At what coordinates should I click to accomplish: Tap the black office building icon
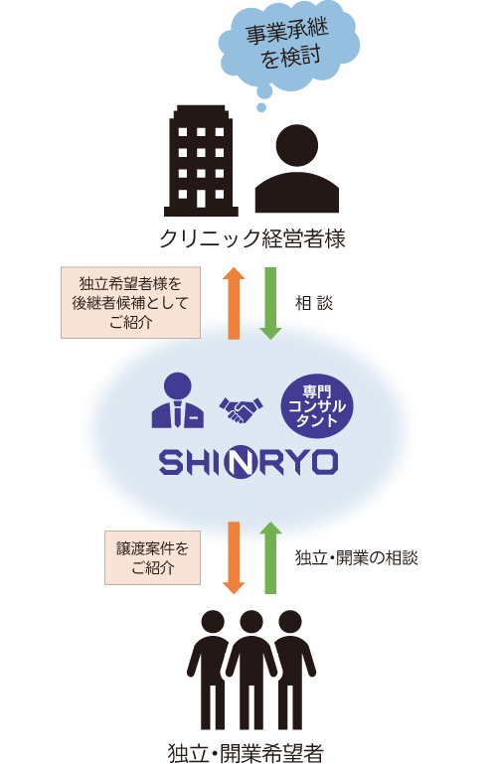pyautogui.click(x=201, y=161)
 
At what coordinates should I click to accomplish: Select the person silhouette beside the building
pyautogui.click(x=297, y=169)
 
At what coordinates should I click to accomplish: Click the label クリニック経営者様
pyautogui.click(x=251, y=238)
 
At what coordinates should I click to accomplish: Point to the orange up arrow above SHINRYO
pyautogui.click(x=234, y=303)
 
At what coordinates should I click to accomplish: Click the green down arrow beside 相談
pyautogui.click(x=270, y=303)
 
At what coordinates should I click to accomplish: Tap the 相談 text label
pyautogui.click(x=314, y=303)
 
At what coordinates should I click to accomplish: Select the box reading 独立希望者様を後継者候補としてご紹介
pyautogui.click(x=130, y=303)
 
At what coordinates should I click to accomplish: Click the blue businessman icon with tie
pyautogui.click(x=178, y=400)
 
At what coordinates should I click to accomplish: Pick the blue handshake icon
pyautogui.click(x=241, y=409)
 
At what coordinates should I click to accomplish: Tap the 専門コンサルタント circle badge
pyautogui.click(x=317, y=406)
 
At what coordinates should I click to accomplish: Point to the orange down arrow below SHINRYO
pyautogui.click(x=234, y=558)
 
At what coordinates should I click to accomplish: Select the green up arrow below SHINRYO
pyautogui.click(x=270, y=558)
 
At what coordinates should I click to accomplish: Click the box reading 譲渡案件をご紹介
pyautogui.click(x=152, y=558)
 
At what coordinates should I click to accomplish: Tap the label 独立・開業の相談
pyautogui.click(x=357, y=558)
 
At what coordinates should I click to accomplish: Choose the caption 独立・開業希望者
pyautogui.click(x=247, y=753)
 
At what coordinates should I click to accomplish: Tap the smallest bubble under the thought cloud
pyautogui.click(x=261, y=107)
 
